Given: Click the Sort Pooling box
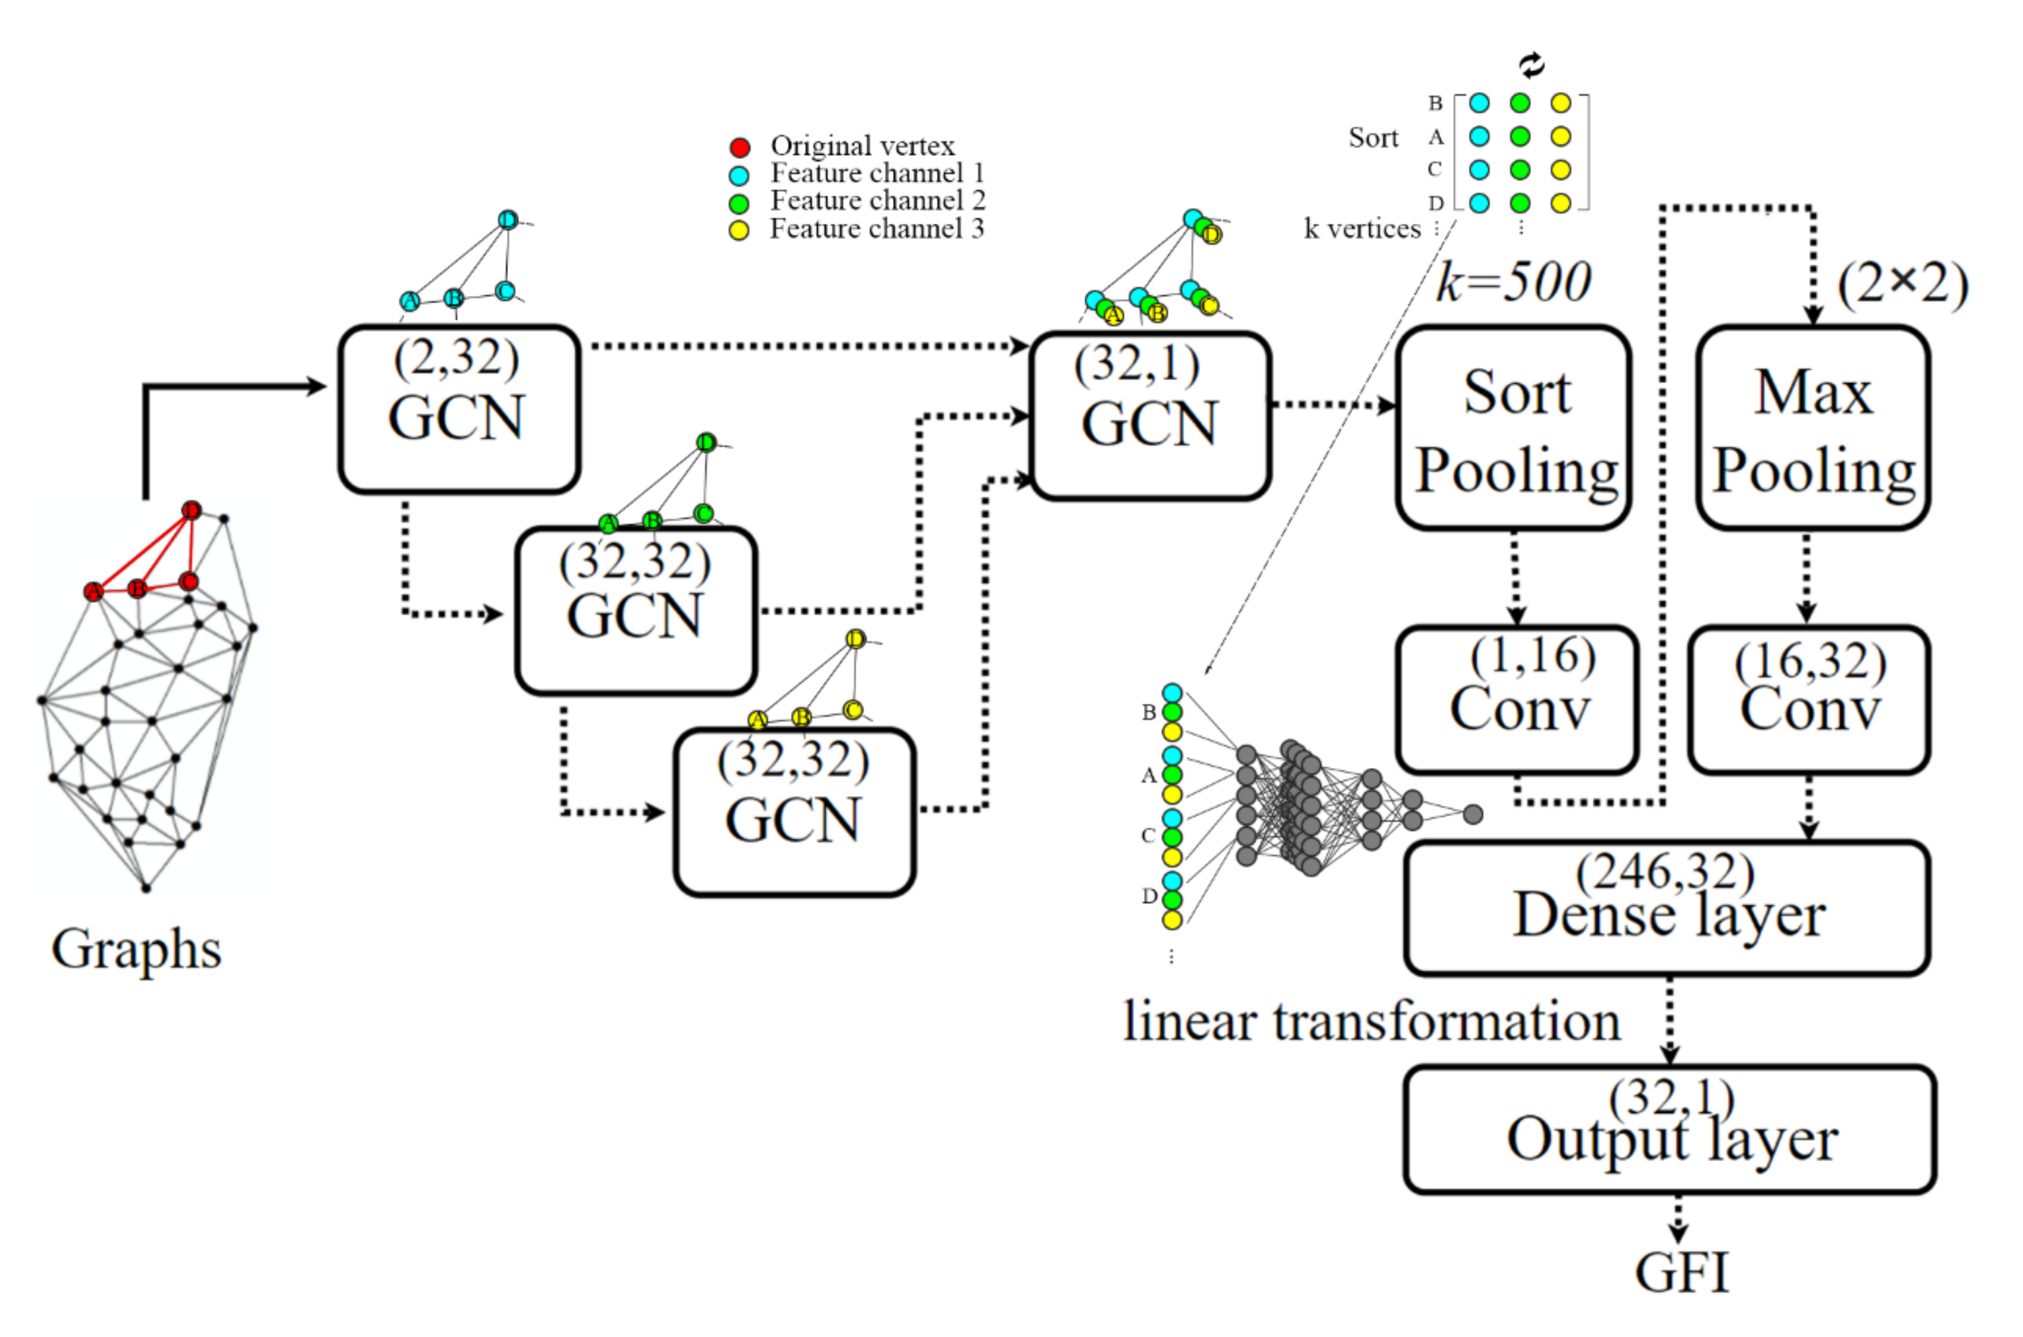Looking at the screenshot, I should click(x=1514, y=429).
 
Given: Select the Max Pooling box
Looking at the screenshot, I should click(x=1813, y=429).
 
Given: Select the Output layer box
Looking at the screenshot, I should click(x=1670, y=1129).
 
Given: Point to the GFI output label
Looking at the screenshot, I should click(x=1681, y=1273).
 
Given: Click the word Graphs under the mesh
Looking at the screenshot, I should click(x=137, y=949).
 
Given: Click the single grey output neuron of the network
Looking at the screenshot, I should click(x=1473, y=814).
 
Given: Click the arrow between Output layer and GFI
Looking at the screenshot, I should click(x=1678, y=1221).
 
